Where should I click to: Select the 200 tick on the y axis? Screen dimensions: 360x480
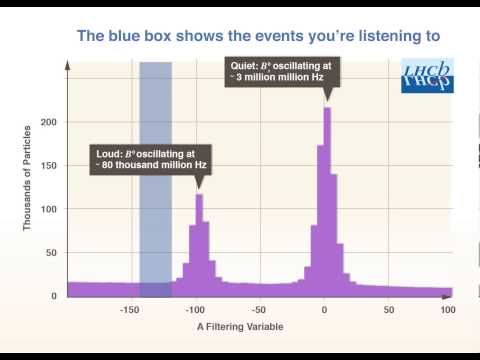(x=49, y=122)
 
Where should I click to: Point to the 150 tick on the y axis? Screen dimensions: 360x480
(x=49, y=166)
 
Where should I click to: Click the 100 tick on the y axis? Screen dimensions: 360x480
(x=49, y=209)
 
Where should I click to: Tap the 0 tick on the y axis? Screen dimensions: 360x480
(x=55, y=296)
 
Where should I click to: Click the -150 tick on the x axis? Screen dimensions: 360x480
(x=128, y=310)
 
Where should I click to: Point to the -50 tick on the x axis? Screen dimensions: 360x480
(x=259, y=310)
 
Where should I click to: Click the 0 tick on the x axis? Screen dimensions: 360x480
(x=325, y=310)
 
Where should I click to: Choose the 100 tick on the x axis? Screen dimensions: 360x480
(x=447, y=310)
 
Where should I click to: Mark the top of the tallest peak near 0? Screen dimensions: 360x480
(x=327, y=109)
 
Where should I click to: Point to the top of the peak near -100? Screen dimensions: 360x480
(x=199, y=195)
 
